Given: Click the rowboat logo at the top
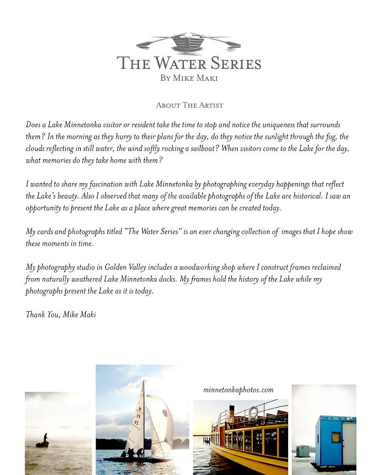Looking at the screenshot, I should [x=189, y=43].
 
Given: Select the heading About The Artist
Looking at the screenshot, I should [x=189, y=105].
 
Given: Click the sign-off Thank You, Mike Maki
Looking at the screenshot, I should [x=61, y=315].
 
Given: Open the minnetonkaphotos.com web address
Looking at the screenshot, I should [x=238, y=390].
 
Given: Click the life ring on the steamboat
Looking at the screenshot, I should [x=253, y=412].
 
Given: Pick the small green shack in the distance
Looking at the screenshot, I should [x=303, y=451].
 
